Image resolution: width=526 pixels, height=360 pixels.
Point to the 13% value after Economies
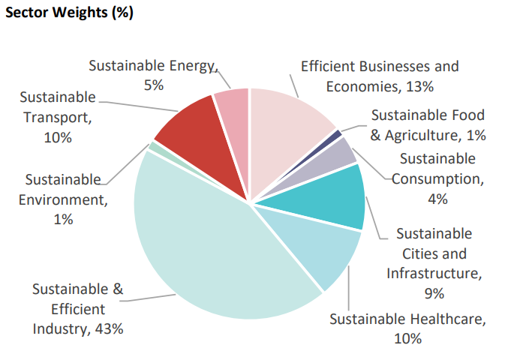click(419, 86)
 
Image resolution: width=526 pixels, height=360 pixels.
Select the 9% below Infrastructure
click(434, 292)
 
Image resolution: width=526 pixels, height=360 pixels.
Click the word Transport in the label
click(57, 118)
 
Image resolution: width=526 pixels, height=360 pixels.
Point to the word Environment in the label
click(65, 199)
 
